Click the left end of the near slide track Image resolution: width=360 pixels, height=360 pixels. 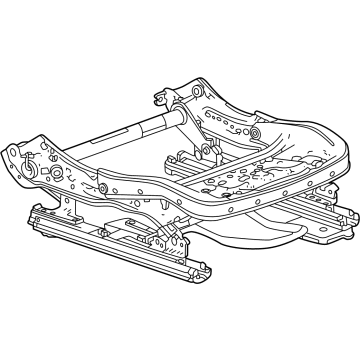click(x=38, y=215)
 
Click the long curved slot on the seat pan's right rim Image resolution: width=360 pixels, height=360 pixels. click(x=300, y=160)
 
